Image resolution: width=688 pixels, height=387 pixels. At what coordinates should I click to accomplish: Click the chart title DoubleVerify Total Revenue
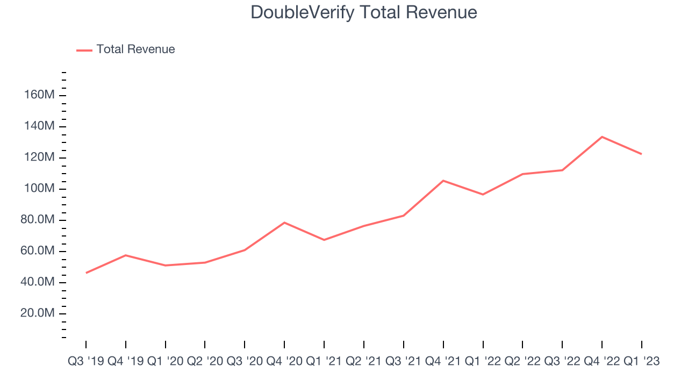pyautogui.click(x=364, y=12)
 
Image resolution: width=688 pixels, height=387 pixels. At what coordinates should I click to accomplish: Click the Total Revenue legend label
pyautogui.click(x=135, y=49)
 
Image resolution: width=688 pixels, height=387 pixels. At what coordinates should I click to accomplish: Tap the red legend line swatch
pyautogui.click(x=84, y=50)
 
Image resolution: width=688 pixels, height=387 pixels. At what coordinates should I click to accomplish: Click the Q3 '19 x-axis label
pyautogui.click(x=86, y=361)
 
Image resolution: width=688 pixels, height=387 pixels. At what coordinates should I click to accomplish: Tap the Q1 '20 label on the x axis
pyautogui.click(x=166, y=361)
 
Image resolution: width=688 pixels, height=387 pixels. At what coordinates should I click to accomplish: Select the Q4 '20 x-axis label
pyautogui.click(x=284, y=361)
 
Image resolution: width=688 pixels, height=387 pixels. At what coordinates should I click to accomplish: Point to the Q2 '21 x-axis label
pyautogui.click(x=364, y=361)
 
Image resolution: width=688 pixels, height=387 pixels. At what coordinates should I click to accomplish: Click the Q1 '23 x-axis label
pyautogui.click(x=641, y=361)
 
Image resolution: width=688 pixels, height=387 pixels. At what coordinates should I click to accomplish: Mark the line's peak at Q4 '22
pyautogui.click(x=602, y=137)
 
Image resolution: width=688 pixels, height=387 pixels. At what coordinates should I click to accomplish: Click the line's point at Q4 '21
pyautogui.click(x=443, y=181)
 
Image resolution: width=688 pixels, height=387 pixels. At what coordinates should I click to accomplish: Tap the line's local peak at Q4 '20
pyautogui.click(x=284, y=223)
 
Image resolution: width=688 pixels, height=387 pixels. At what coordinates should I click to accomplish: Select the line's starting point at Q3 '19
pyautogui.click(x=86, y=273)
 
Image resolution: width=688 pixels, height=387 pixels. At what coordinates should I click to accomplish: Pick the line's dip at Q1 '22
pyautogui.click(x=483, y=195)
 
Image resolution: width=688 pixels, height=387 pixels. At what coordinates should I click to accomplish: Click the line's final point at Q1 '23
pyautogui.click(x=641, y=154)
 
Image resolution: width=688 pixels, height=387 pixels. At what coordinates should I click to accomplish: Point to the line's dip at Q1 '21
pyautogui.click(x=324, y=240)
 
